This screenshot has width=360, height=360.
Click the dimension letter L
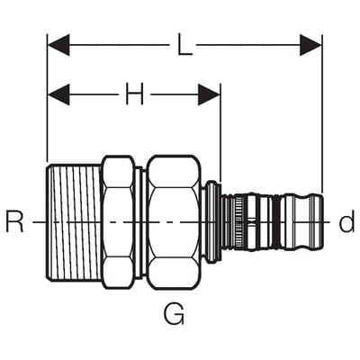tap(184, 45)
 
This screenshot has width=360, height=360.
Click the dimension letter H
tap(134, 94)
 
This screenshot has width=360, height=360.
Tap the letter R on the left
tap(14, 222)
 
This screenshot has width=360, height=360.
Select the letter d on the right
tap(346, 221)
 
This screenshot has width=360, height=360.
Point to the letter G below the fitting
tap(174, 314)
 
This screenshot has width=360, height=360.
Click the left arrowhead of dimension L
tap(58, 45)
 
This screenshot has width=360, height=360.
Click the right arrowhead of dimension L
tap(310, 45)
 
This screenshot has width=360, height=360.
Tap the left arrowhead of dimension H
tap(58, 94)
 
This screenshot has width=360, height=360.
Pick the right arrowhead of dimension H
tap(209, 94)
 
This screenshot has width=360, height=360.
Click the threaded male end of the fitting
tap(74, 222)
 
